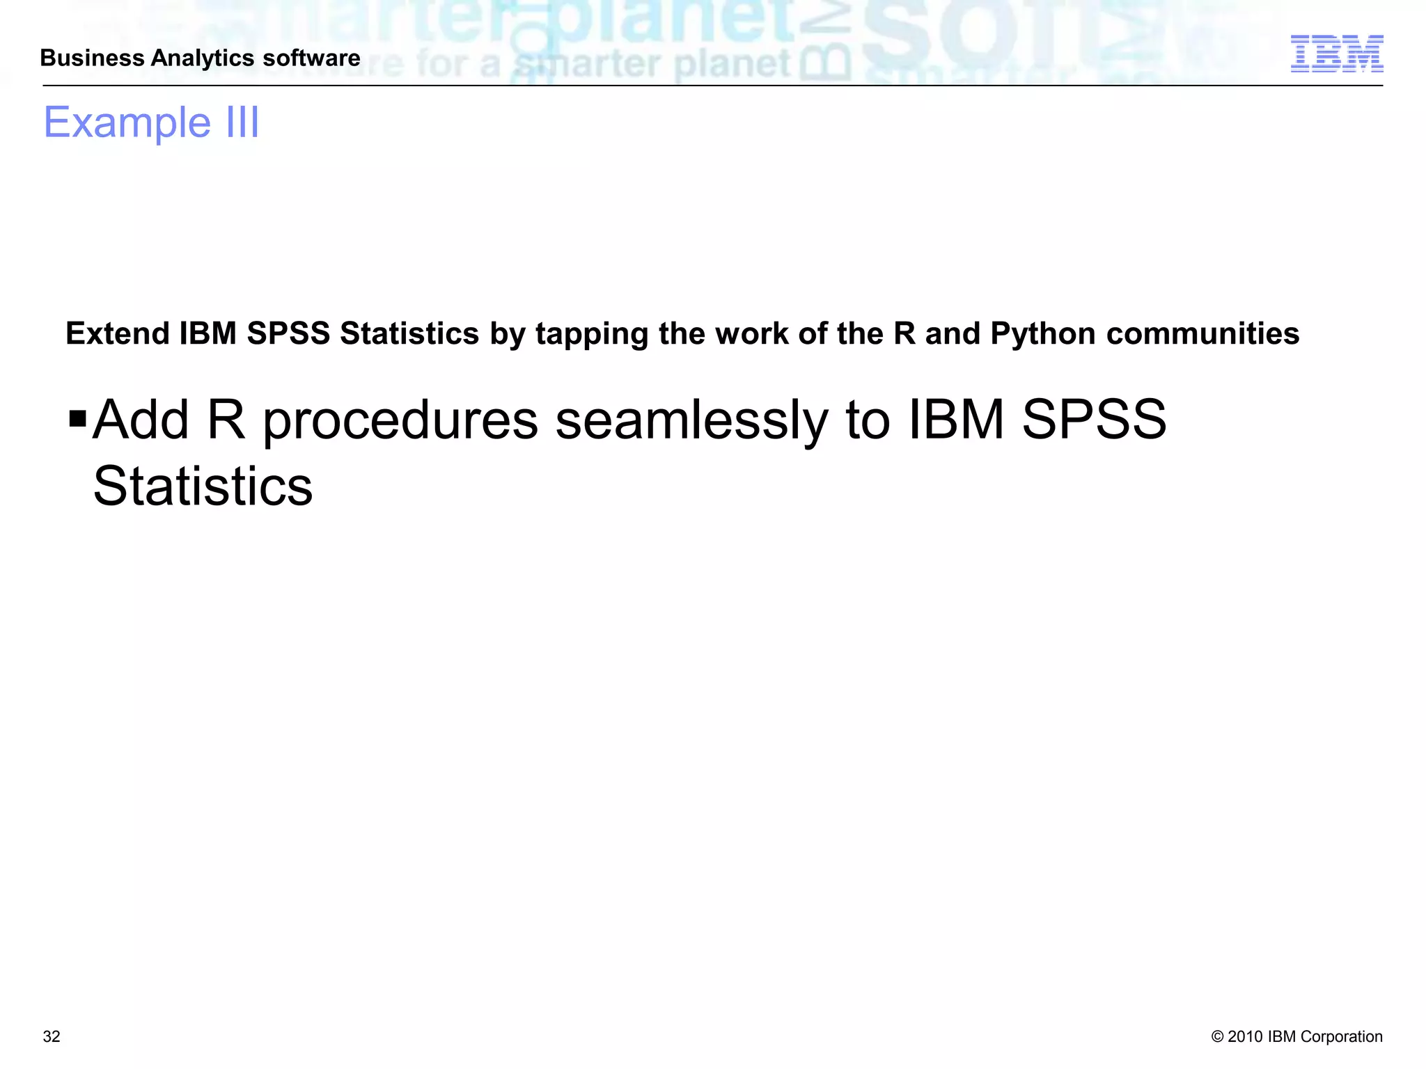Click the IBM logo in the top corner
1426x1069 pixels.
click(x=1336, y=54)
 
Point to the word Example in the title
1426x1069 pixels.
click(x=127, y=122)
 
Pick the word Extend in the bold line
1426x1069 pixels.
click(x=118, y=333)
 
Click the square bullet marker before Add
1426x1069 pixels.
click(x=78, y=419)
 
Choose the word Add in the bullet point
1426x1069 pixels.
click(x=141, y=420)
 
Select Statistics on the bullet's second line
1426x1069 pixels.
click(x=203, y=486)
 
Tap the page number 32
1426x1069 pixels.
click(x=52, y=1036)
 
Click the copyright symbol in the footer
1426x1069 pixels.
click(x=1217, y=1036)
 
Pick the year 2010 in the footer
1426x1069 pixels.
click(x=1246, y=1036)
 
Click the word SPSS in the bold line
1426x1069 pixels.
click(x=288, y=333)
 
